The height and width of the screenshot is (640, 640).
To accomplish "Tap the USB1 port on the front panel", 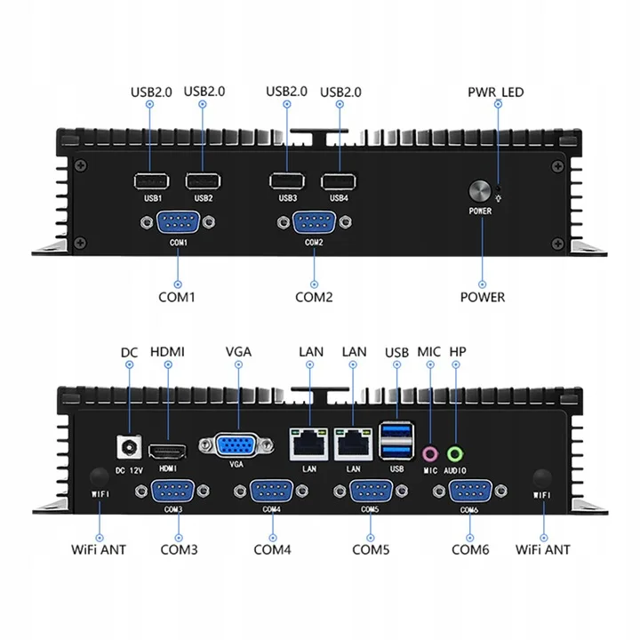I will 150,181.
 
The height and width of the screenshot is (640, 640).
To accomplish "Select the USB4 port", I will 338,181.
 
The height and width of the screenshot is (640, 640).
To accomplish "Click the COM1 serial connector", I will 178,224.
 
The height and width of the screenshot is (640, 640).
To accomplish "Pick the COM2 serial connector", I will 315,224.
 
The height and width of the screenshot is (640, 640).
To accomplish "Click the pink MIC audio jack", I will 430,452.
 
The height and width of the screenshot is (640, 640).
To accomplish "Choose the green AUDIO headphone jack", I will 456,452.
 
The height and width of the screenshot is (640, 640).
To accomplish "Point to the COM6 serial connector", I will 470,493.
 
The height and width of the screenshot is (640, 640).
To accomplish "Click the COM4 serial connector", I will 272,493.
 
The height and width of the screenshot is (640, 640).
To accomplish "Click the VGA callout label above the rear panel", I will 238,351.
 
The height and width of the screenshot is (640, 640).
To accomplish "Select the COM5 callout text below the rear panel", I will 371,549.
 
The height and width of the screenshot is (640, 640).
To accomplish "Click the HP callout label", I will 458,351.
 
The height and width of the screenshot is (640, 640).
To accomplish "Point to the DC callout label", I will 129,351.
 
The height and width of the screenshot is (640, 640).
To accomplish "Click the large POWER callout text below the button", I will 483,297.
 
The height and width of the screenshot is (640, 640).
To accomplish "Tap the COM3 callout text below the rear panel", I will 179,549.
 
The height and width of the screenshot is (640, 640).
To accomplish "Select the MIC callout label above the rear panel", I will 429,351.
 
